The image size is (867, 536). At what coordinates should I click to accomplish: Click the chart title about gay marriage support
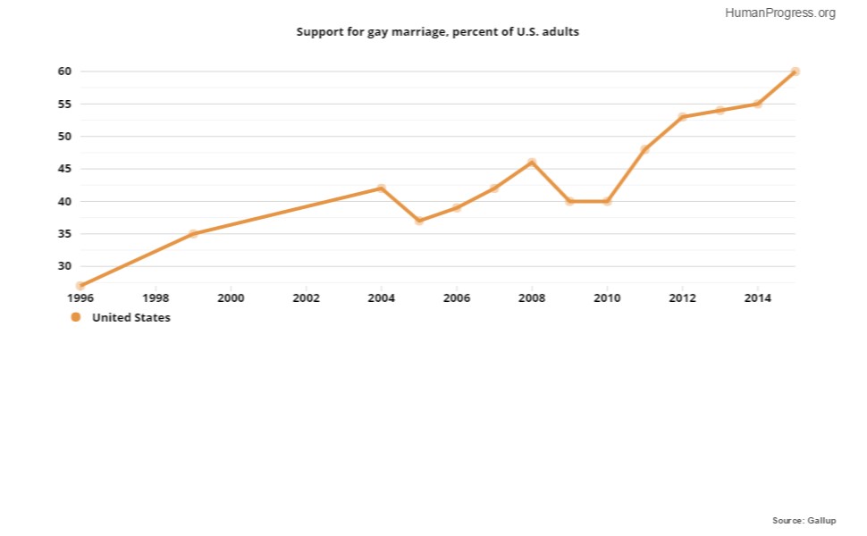click(x=437, y=32)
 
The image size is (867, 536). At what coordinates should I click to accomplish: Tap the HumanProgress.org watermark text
click(x=780, y=13)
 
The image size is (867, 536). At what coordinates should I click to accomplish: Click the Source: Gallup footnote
click(x=804, y=521)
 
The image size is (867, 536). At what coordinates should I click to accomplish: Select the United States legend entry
click(x=121, y=317)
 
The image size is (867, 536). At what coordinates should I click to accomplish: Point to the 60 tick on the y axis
click(x=64, y=71)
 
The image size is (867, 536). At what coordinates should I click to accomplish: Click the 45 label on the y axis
click(x=64, y=169)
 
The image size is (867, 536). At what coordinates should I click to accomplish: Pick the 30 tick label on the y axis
click(x=64, y=266)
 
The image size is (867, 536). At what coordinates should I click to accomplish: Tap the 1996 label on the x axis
click(x=80, y=298)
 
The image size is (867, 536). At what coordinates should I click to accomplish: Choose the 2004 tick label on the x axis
click(x=382, y=298)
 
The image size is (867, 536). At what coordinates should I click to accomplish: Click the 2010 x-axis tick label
click(x=607, y=298)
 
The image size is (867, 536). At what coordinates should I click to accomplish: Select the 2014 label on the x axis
click(x=758, y=298)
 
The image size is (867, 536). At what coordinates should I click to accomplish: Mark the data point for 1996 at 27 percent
click(x=80, y=286)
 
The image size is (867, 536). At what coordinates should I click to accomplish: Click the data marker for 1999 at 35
click(x=194, y=234)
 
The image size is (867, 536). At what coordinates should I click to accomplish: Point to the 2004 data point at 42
click(x=382, y=188)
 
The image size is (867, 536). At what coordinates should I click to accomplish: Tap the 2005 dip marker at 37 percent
click(x=419, y=221)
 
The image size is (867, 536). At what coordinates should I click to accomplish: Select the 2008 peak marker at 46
click(x=532, y=163)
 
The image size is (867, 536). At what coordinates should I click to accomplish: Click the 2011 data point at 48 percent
click(x=644, y=149)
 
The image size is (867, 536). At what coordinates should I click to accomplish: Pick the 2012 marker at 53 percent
click(x=682, y=117)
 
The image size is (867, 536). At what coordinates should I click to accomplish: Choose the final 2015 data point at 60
click(x=795, y=71)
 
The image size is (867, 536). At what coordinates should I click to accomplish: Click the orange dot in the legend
click(x=76, y=317)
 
